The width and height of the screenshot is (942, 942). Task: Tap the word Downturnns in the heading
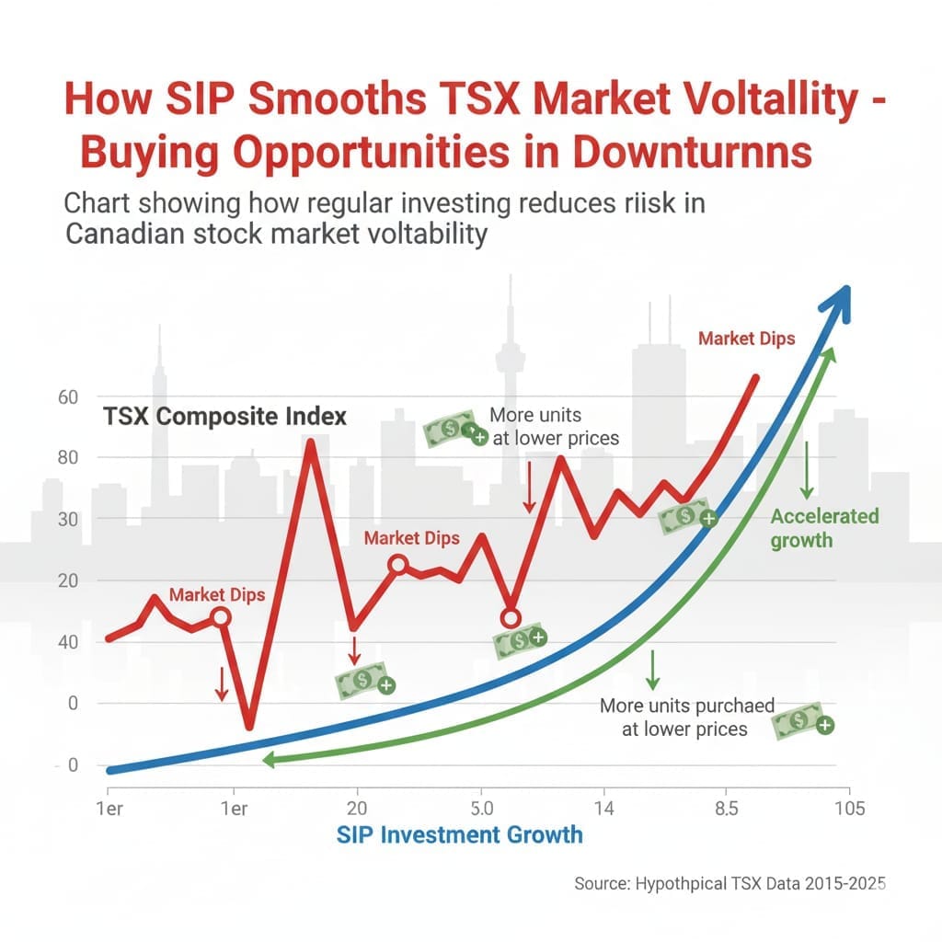[x=693, y=153]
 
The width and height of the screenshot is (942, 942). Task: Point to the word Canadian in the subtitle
[x=127, y=234]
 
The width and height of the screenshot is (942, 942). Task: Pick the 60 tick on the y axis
[x=44, y=396]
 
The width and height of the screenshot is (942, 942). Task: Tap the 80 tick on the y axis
[x=44, y=457]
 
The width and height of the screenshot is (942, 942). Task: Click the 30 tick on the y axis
[x=44, y=519]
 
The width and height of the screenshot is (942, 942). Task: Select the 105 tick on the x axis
[x=848, y=809]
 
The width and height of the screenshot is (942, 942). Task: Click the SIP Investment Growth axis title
[x=459, y=834]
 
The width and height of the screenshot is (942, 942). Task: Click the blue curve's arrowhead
[x=838, y=299]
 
